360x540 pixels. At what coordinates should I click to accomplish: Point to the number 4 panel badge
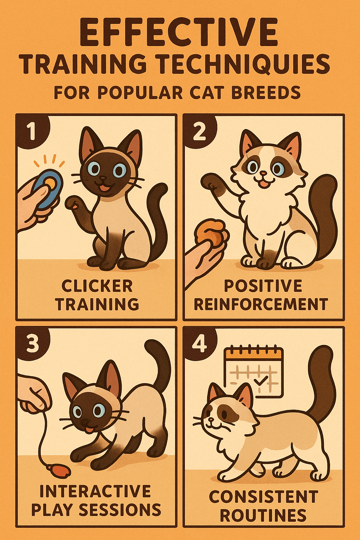(x=199, y=344)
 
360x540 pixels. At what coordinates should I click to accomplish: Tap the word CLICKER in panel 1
(x=97, y=286)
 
